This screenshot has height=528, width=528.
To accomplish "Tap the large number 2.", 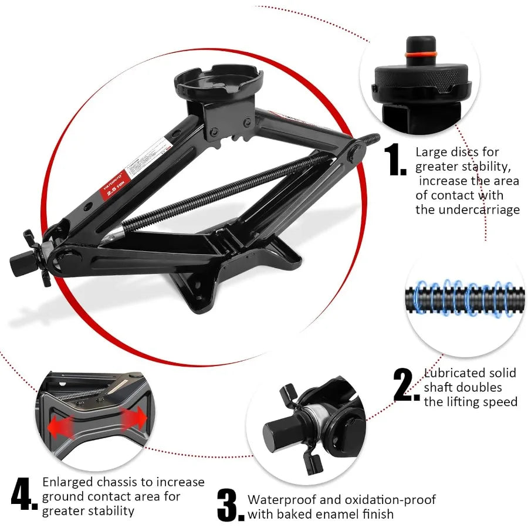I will pos(407,386).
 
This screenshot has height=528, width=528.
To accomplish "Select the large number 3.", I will pos(229,506).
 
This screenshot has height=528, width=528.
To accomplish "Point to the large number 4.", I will pos(24,495).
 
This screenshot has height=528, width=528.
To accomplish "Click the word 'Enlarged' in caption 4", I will pos(67,482).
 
